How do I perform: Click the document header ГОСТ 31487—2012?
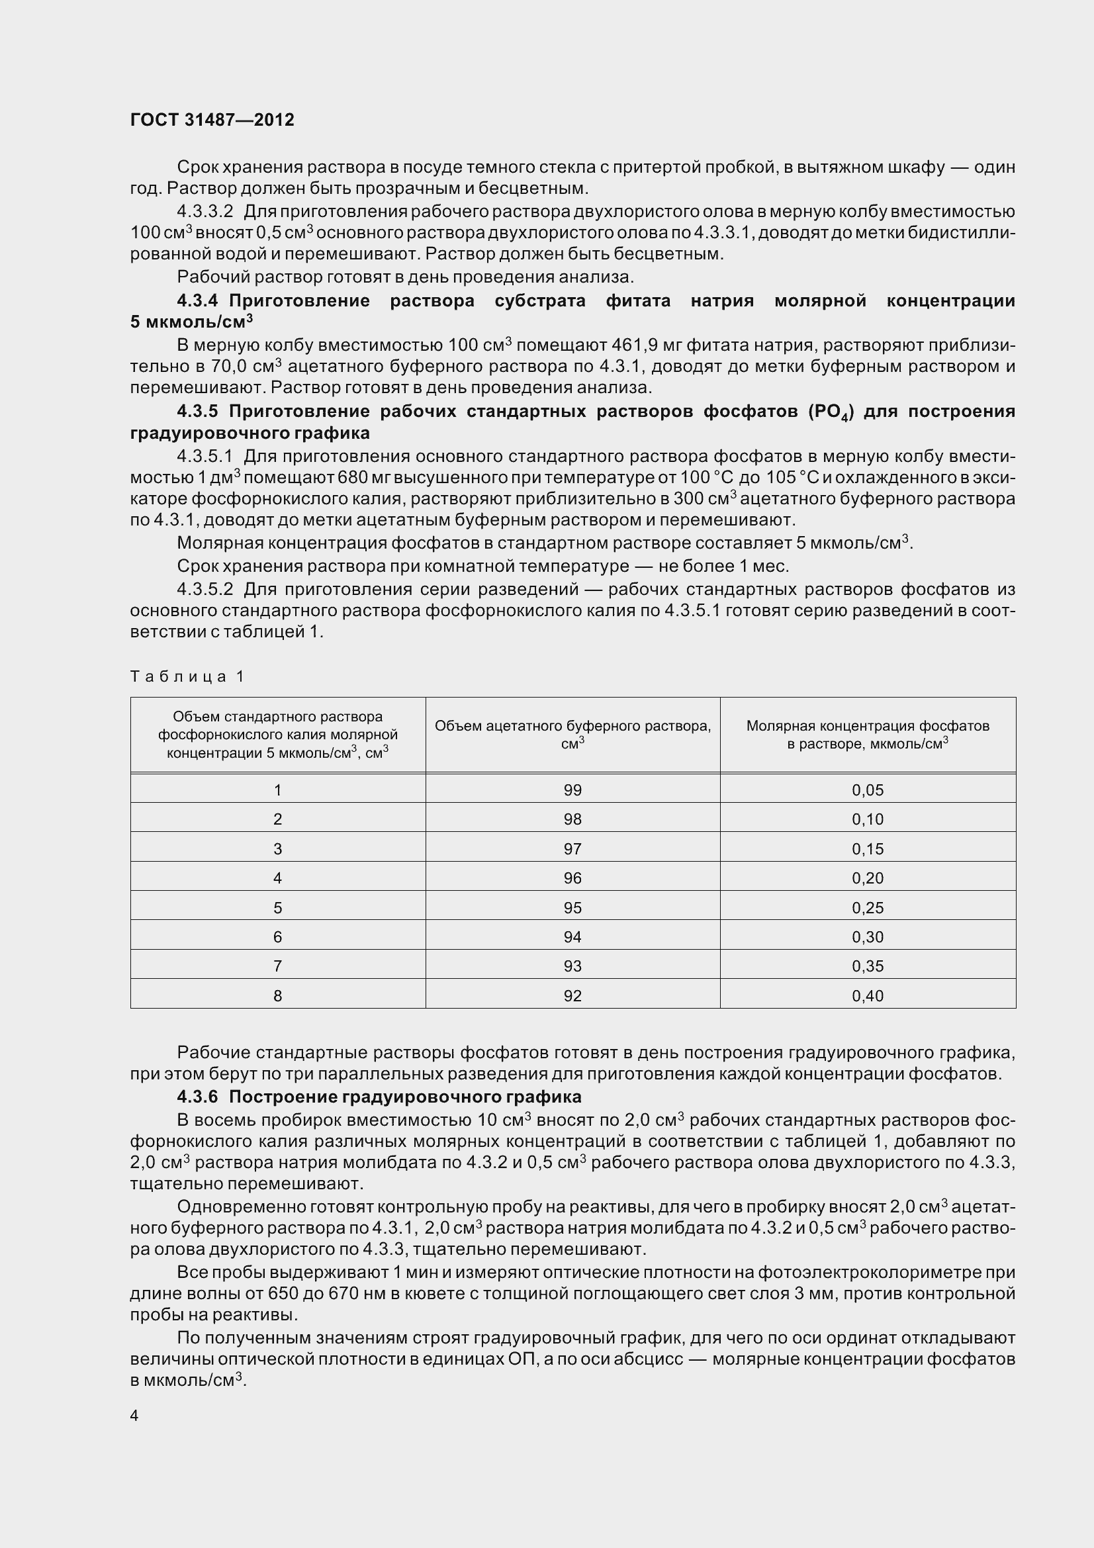[x=212, y=120]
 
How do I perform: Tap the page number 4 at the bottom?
[x=134, y=1416]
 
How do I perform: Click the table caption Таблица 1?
[x=187, y=676]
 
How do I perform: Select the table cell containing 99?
[x=572, y=790]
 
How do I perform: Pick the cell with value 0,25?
[x=868, y=907]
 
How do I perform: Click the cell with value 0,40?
[x=868, y=996]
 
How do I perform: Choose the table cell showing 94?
[x=572, y=937]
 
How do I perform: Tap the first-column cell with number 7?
[x=278, y=966]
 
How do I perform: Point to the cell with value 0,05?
[x=868, y=790]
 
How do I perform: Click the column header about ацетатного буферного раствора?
[x=572, y=734]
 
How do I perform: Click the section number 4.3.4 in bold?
[x=197, y=300]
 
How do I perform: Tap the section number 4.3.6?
[x=197, y=1097]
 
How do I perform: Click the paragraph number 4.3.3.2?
[x=205, y=212]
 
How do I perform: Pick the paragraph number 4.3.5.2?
[x=205, y=589]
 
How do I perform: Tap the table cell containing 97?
[x=572, y=849]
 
